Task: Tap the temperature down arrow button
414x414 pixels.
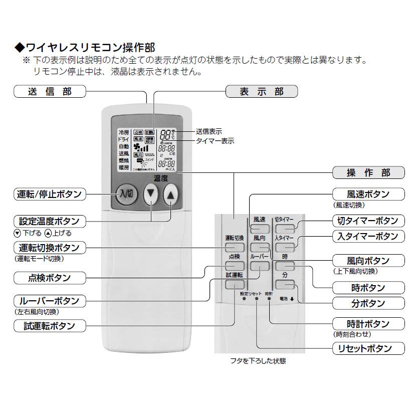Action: pyautogui.click(x=150, y=194)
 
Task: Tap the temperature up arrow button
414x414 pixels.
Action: pyautogui.click(x=171, y=194)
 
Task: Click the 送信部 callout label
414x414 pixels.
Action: pyautogui.click(x=50, y=91)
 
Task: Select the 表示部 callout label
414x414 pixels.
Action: pyautogui.click(x=261, y=91)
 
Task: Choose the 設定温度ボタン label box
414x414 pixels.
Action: pyautogui.click(x=49, y=221)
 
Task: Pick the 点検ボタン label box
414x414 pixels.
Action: pyautogui.click(x=49, y=277)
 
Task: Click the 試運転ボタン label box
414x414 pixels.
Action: pyautogui.click(x=49, y=325)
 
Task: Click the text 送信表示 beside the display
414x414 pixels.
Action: pyautogui.click(x=209, y=131)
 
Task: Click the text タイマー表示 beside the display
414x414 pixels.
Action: pyautogui.click(x=215, y=141)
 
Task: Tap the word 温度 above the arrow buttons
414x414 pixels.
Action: pyautogui.click(x=160, y=178)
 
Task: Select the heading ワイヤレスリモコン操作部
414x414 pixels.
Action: pyautogui.click(x=85, y=48)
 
